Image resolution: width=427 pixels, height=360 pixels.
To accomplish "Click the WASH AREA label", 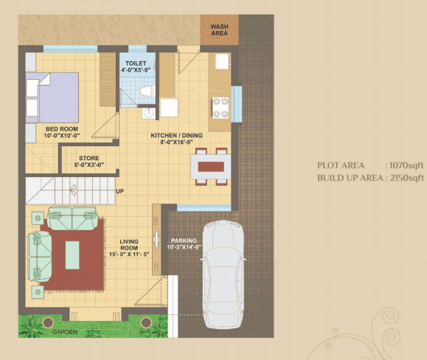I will click(220, 30).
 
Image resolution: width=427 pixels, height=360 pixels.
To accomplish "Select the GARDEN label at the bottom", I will click(65, 333).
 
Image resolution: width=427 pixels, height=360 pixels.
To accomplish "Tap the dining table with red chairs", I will click(211, 165).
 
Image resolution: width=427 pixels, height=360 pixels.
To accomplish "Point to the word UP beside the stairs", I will click(119, 192).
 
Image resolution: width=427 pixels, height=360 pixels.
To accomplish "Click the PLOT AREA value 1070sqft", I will click(405, 166).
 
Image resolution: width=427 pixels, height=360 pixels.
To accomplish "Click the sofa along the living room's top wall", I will click(71, 218).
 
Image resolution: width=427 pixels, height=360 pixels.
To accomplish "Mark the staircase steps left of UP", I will click(69, 190).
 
